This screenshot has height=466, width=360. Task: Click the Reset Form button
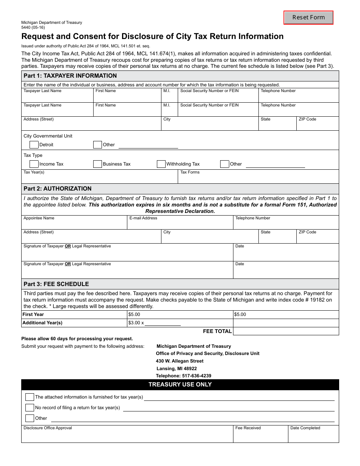pyautogui.click(x=308, y=17)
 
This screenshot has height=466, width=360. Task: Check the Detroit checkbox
pyautogui.click(x=34, y=144)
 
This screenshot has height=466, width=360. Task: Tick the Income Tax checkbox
pyautogui.click(x=34, y=164)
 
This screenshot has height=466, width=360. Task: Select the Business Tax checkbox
pyautogui.click(x=98, y=164)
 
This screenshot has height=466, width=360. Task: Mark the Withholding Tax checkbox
pyautogui.click(x=161, y=164)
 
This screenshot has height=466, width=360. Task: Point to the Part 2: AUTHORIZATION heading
pyautogui.click(x=58, y=189)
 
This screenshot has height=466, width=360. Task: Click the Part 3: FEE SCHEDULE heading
pyautogui.click(x=56, y=284)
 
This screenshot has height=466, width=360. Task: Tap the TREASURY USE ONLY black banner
pyautogui.click(x=180, y=385)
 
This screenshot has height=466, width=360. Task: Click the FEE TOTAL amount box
pyautogui.click(x=286, y=331)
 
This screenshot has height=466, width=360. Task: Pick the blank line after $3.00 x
pyautogui.click(x=163, y=323)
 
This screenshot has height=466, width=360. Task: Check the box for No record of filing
pyautogui.click(x=30, y=408)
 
